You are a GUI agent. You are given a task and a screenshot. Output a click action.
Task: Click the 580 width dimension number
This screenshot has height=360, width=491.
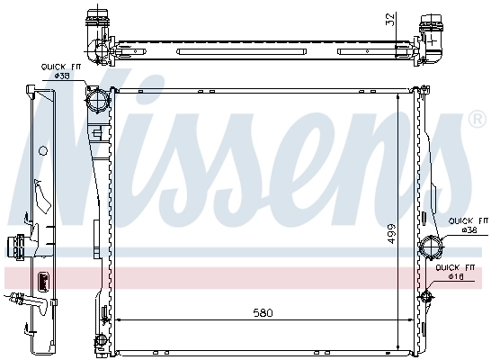[263, 312]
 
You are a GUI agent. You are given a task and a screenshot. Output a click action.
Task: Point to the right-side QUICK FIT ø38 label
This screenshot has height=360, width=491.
[468, 225]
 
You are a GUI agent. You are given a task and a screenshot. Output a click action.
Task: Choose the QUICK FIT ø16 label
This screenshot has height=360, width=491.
[454, 273]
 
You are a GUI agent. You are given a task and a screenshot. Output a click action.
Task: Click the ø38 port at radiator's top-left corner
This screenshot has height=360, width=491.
[97, 97]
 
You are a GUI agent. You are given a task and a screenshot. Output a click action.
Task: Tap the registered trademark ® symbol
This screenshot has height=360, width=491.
[477, 120]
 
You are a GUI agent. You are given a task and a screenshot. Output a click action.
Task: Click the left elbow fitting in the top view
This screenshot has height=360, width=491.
[97, 25]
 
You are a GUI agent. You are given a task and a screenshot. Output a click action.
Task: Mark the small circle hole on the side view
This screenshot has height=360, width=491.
[42, 150]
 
